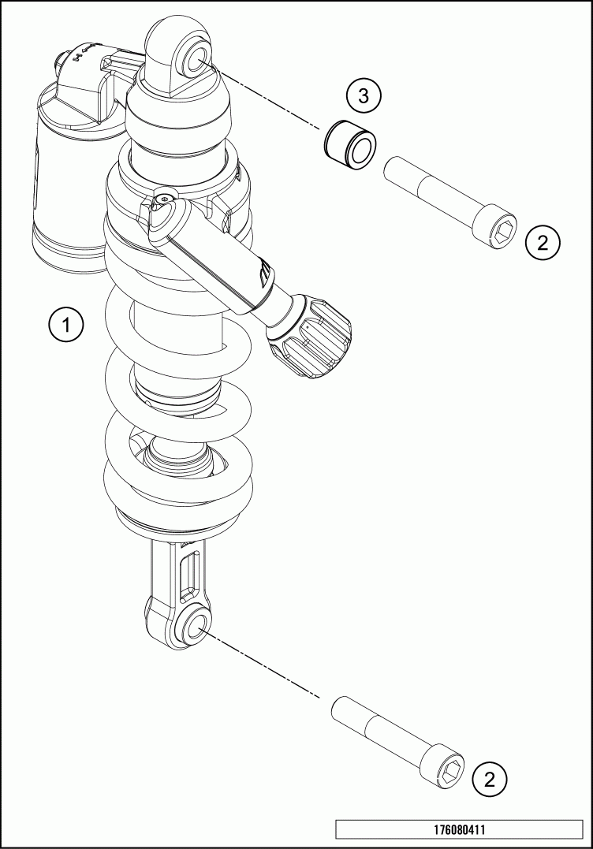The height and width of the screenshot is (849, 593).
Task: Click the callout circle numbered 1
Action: [65, 326]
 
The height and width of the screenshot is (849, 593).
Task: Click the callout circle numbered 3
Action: [364, 96]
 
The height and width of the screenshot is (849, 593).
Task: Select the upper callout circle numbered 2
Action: [543, 241]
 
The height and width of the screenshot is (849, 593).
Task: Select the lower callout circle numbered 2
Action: [490, 780]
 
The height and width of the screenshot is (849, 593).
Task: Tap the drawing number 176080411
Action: [459, 829]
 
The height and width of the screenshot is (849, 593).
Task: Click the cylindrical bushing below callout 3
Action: [350, 144]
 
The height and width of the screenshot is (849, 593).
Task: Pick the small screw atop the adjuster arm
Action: [164, 199]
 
